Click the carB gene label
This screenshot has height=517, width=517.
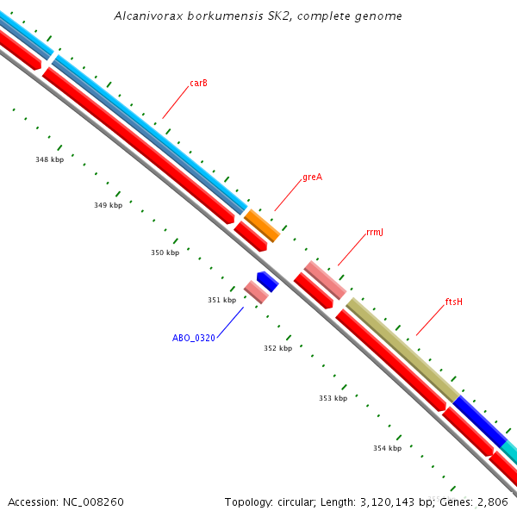click(198, 84)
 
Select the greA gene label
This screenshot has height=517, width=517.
click(312, 178)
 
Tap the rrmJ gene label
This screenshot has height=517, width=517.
click(374, 233)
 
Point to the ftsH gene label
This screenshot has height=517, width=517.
click(454, 302)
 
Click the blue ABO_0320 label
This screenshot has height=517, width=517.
click(194, 339)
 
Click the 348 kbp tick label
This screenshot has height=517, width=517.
click(49, 159)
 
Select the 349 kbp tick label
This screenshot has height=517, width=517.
click(108, 206)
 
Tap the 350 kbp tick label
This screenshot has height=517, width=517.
click(165, 252)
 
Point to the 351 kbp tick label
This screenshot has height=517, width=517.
click(221, 300)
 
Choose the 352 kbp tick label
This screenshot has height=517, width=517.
click(277, 348)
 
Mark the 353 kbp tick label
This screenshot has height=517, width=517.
click(333, 398)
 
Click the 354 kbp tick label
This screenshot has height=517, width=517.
click(387, 448)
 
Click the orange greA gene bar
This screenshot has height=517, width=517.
click(262, 225)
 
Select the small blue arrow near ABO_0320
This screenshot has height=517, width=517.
click(267, 281)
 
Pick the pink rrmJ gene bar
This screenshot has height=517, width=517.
click(325, 280)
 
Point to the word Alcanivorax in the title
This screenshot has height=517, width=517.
click(146, 16)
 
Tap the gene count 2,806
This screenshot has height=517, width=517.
click(493, 501)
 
